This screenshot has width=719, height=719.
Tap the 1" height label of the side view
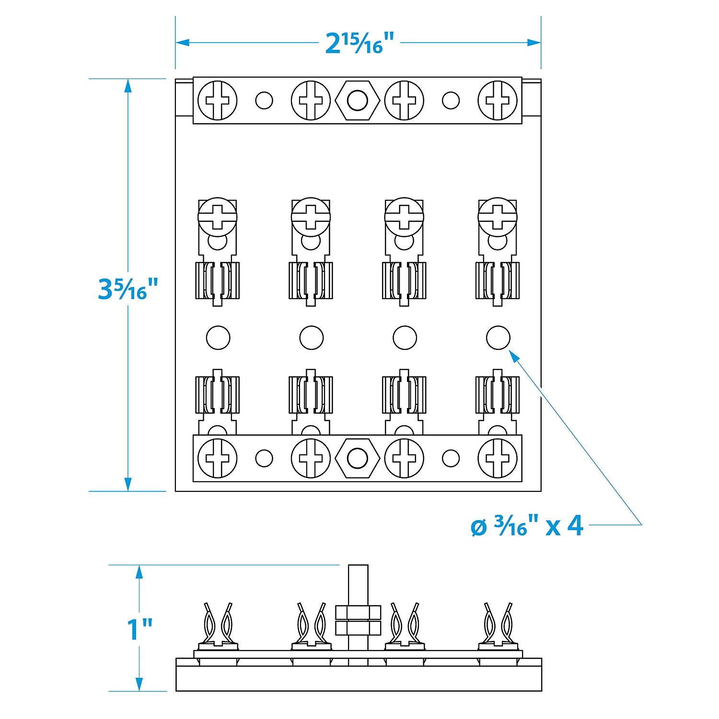point(139,629)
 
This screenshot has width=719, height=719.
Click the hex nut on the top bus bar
point(357,101)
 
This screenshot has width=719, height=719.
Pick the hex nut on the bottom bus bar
point(357,458)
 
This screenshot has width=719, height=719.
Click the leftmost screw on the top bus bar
point(218,101)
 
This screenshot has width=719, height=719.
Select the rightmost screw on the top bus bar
point(498,101)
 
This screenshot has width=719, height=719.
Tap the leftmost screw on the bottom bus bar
point(218,458)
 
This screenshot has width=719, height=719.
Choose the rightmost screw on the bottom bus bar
point(498,458)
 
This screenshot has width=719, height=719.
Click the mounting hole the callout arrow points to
point(498,338)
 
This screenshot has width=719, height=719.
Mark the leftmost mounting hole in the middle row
point(218,338)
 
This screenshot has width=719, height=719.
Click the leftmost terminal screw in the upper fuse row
point(218,216)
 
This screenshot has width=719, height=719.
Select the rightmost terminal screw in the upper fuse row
point(498,216)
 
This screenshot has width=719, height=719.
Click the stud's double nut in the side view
point(358,621)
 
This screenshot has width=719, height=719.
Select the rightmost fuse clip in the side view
point(498,623)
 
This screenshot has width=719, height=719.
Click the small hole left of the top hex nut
point(264,101)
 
